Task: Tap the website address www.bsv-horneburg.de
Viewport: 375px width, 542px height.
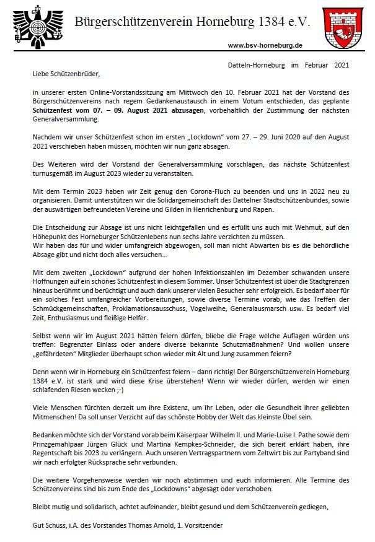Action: pos(265,45)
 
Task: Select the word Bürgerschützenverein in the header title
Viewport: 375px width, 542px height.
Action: pos(141,22)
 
